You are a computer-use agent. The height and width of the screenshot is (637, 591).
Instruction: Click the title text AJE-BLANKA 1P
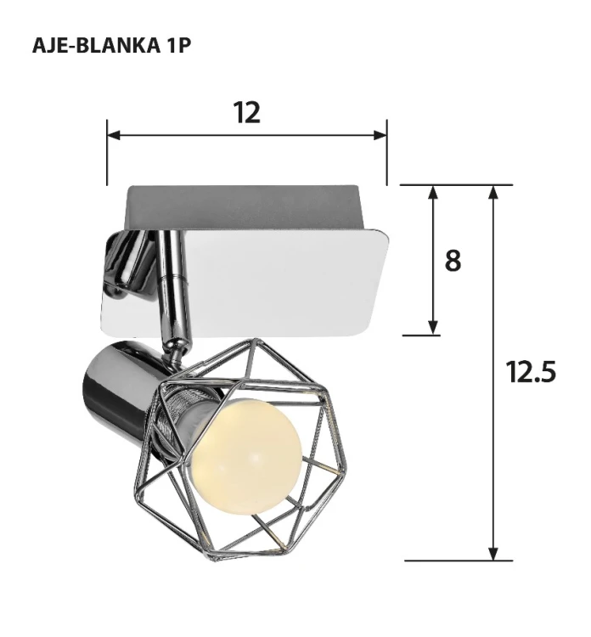[x=110, y=46]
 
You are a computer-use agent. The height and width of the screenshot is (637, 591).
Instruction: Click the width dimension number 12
[x=246, y=113]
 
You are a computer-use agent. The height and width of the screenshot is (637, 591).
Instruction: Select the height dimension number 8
[x=453, y=261]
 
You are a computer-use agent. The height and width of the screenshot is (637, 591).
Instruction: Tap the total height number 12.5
[x=531, y=372]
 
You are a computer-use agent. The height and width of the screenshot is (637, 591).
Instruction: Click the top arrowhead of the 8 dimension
[x=433, y=192]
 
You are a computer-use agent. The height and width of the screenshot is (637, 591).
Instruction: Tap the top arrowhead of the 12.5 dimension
[x=493, y=192]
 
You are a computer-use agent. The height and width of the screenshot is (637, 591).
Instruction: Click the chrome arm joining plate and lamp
[x=173, y=289]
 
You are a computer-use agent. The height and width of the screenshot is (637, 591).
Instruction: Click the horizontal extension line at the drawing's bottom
[x=459, y=561]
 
